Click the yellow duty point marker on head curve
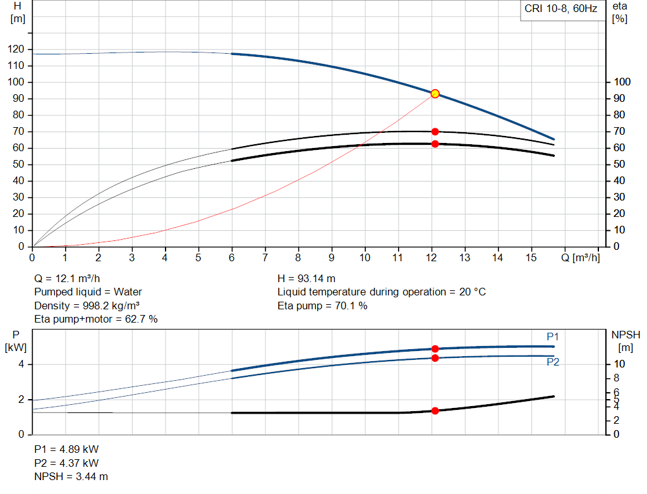click(435, 94)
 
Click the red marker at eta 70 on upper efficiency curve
click(435, 132)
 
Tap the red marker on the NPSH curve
click(435, 411)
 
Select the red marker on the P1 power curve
click(435, 349)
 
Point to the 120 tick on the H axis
click(18, 49)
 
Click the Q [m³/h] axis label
click(580, 258)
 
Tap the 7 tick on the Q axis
click(265, 258)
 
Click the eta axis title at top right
click(619, 12)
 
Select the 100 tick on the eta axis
click(622, 82)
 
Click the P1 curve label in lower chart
click(553, 337)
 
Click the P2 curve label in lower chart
click(553, 362)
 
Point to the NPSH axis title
click(625, 340)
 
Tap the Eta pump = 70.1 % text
click(322, 306)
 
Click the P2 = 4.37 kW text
click(66, 463)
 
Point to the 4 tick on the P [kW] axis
click(21, 364)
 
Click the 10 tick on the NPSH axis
click(619, 364)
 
